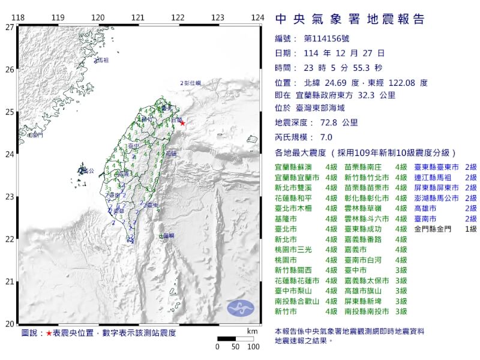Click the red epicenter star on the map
pyautogui.click(x=183, y=124)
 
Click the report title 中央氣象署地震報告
pyautogui.click(x=350, y=19)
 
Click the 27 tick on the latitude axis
pyautogui.click(x=9, y=27)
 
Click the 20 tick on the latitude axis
pyautogui.click(x=9, y=324)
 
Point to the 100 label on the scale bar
pyautogui.click(x=253, y=347)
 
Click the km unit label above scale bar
pyautogui.click(x=252, y=331)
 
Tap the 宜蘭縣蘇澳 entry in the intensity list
pyautogui.click(x=294, y=167)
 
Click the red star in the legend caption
pyautogui.click(x=48, y=332)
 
